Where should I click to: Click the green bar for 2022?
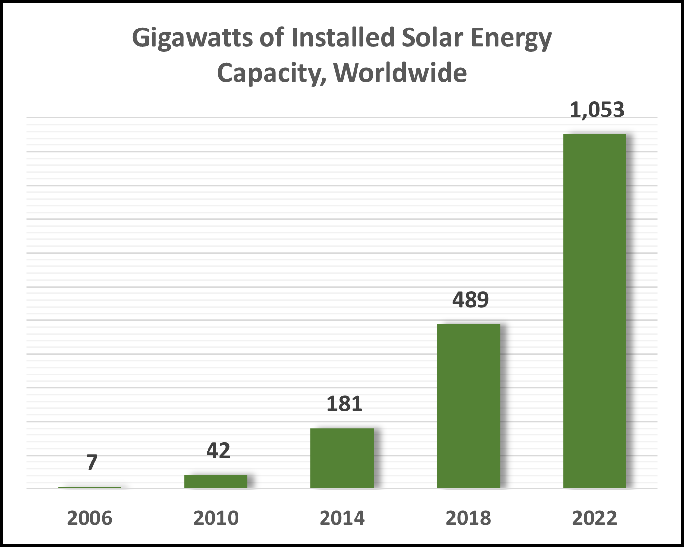tap(595, 311)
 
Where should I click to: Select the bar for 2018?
tap(468, 406)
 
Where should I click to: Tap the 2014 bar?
tap(342, 458)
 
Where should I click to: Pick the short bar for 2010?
tap(216, 481)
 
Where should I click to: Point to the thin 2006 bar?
tap(89, 487)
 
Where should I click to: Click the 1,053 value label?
tap(596, 110)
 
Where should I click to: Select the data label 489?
tap(471, 300)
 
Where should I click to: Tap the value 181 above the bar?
tap(344, 404)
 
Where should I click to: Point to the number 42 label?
tap(218, 451)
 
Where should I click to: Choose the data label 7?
tap(92, 462)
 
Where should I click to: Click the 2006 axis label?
tap(89, 518)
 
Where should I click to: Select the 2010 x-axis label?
tap(216, 518)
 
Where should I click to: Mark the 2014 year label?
tap(342, 518)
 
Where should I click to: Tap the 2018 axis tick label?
tap(468, 518)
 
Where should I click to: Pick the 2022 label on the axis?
tap(595, 518)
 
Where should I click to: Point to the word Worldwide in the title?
tap(400, 73)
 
